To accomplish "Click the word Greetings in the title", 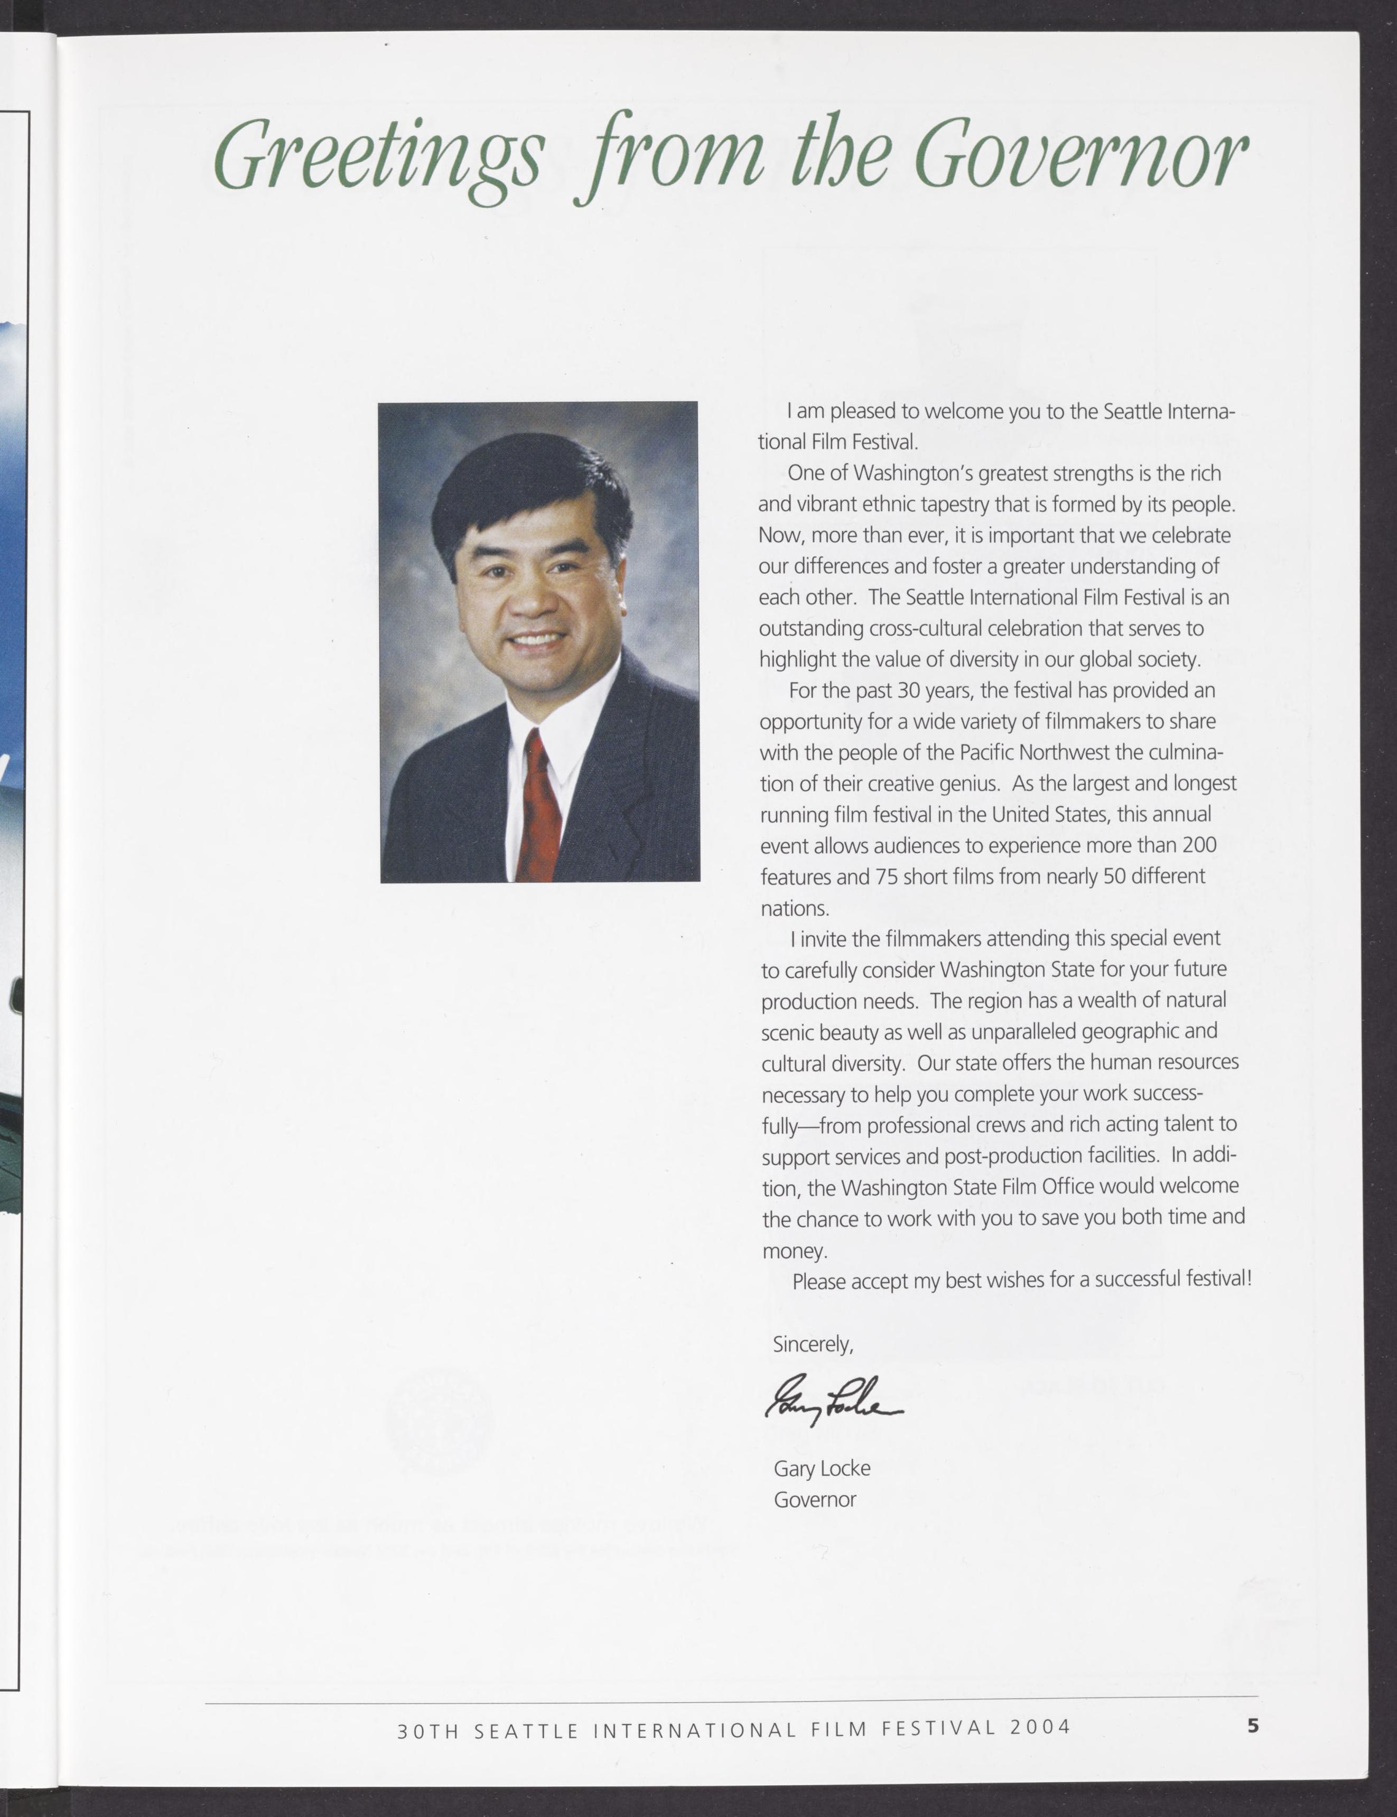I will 378,158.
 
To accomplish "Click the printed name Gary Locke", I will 822,1469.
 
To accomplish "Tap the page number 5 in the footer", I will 1252,1726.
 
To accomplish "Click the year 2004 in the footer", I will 1040,1728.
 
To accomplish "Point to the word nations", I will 795,908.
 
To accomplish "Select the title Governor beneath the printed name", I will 814,1500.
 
